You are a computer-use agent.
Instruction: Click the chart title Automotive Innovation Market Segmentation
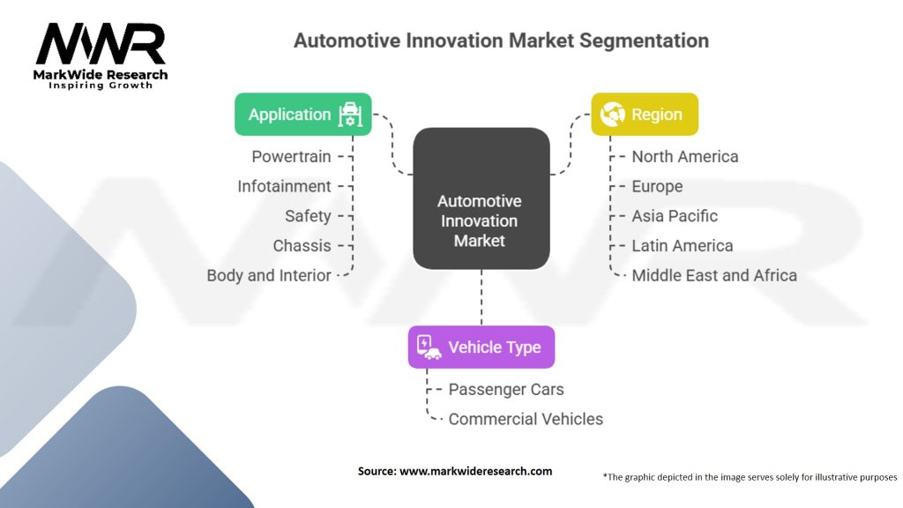[x=501, y=41]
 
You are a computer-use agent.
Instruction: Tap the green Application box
[x=302, y=115]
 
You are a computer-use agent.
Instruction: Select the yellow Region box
[x=644, y=115]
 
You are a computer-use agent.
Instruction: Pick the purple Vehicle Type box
[x=481, y=347]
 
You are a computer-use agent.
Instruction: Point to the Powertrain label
[x=291, y=157]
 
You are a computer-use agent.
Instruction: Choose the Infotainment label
[x=284, y=186]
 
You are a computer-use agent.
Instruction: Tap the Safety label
[x=308, y=216]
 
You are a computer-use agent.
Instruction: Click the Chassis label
[x=302, y=245]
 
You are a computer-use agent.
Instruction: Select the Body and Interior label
[x=269, y=275]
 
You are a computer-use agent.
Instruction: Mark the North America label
[x=684, y=157]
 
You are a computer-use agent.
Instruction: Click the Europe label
[x=657, y=186]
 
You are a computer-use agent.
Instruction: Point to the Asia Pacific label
[x=675, y=216]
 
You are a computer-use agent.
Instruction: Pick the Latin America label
[x=682, y=245]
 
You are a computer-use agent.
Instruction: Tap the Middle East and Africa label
[x=713, y=275]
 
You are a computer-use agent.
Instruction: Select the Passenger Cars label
[x=505, y=389]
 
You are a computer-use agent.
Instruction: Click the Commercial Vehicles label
[x=526, y=419]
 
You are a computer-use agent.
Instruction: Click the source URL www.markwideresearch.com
[x=476, y=471]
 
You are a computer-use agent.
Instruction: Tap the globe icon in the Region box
[x=612, y=115]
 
